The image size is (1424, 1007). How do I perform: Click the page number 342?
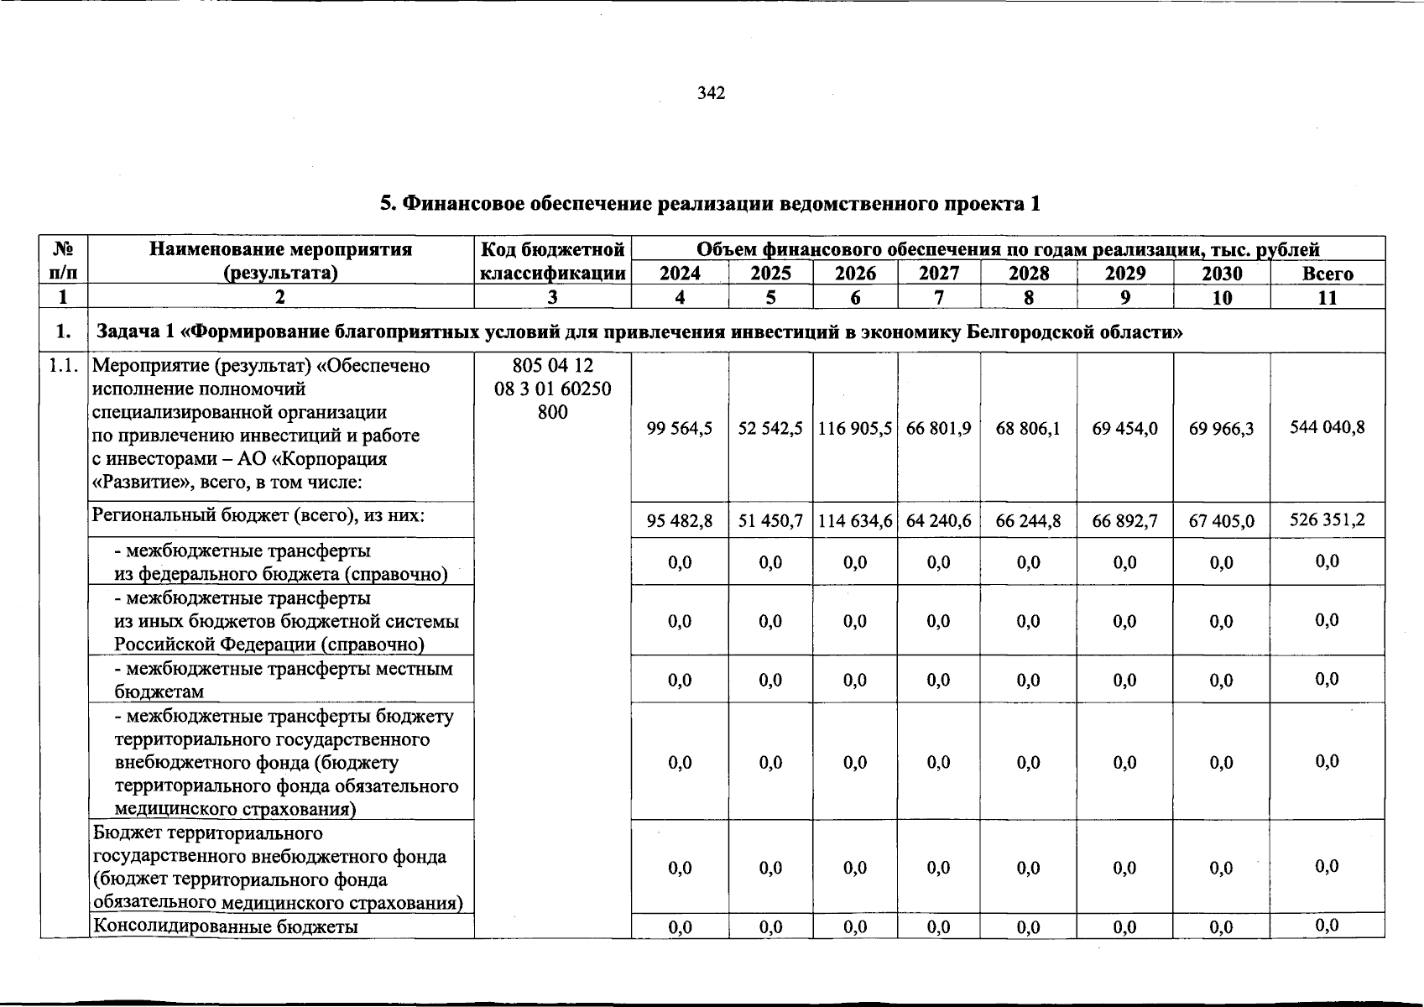[711, 93]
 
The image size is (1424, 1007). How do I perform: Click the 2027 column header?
[938, 274]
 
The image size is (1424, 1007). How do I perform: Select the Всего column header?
[1328, 274]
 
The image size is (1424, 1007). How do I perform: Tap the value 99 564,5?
[680, 428]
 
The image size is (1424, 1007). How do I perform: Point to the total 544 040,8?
[1328, 427]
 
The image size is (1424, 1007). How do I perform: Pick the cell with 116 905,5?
[855, 428]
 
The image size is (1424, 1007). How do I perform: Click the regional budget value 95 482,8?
[680, 521]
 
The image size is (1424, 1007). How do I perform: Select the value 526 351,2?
[1328, 519]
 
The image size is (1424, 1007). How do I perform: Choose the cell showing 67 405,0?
[1222, 521]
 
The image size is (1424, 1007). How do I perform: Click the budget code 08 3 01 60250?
[552, 389]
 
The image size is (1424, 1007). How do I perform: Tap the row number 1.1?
[64, 367]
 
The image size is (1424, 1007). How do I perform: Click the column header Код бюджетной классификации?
[552, 261]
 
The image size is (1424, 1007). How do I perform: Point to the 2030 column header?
[1222, 274]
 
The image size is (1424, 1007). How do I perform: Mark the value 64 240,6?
[938, 521]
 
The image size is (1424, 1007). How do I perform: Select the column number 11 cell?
[1328, 297]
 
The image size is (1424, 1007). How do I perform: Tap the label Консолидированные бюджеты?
[225, 926]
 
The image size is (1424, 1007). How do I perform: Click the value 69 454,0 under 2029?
[1124, 428]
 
